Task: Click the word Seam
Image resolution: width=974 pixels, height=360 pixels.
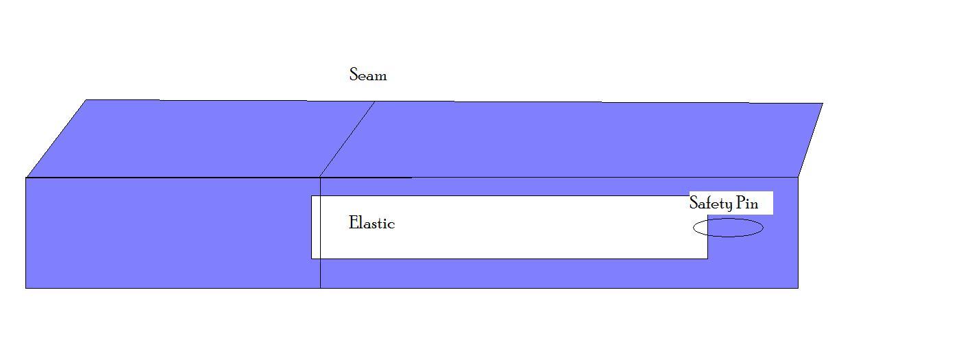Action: coord(368,75)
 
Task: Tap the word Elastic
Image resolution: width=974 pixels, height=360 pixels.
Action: coord(372,223)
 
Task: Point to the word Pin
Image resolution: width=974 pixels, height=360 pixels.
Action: coord(747,203)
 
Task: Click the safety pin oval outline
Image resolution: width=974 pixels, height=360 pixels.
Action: coord(728,219)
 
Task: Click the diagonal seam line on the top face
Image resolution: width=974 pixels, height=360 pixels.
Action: coord(348,139)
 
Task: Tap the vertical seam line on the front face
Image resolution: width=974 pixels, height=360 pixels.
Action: coord(320,274)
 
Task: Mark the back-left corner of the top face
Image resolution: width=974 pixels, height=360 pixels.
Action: coord(86,100)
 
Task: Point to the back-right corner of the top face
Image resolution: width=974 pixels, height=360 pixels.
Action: coord(822,104)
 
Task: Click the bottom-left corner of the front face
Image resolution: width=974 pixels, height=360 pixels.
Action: coord(26,287)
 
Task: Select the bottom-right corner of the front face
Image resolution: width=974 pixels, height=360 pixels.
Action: coord(798,287)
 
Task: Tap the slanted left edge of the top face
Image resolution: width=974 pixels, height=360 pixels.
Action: coord(56,139)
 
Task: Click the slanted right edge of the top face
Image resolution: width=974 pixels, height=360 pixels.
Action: coord(810,140)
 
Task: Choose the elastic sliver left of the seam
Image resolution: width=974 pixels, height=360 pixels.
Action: coord(316,227)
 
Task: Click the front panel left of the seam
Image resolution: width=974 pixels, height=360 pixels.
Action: coord(171,233)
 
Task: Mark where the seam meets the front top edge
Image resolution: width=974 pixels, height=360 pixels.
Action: coord(320,178)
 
